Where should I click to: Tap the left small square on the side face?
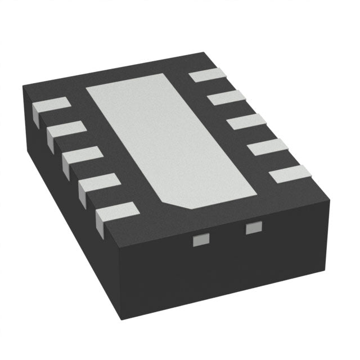point(198,241)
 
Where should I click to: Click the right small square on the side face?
point(254,228)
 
